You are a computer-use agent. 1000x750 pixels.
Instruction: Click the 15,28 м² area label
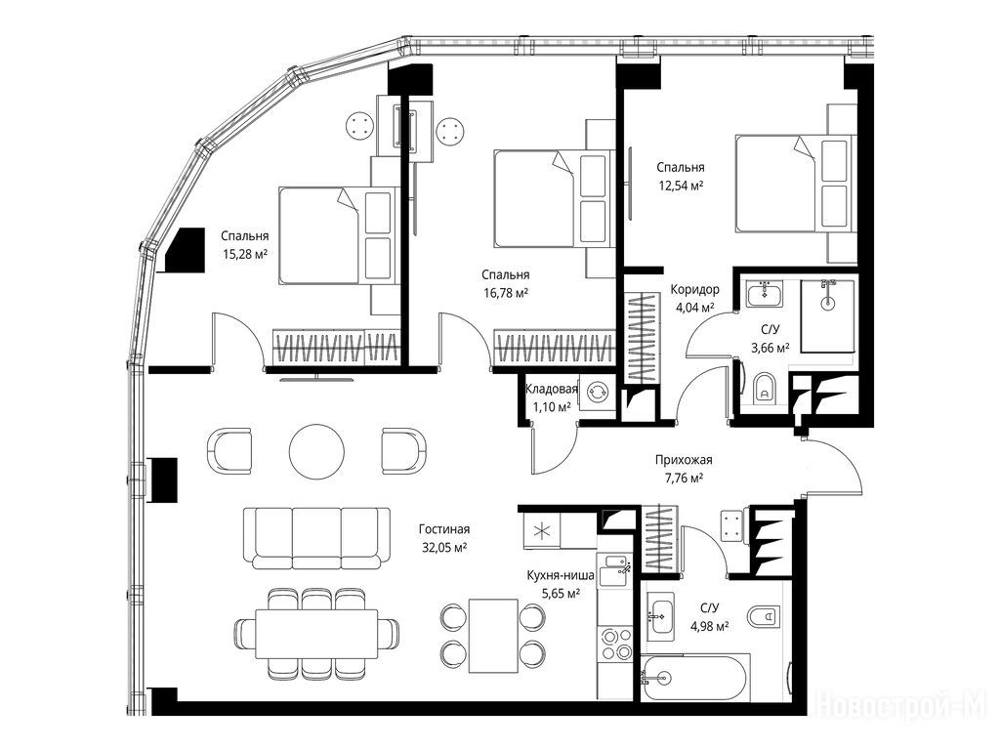click(244, 255)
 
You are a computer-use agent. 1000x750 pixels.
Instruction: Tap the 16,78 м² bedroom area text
click(506, 293)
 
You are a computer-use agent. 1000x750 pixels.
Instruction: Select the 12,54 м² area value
click(681, 186)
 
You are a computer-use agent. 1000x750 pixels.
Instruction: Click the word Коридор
click(694, 289)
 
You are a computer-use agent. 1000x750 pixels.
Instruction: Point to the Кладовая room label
click(551, 389)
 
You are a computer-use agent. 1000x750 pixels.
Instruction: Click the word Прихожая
click(684, 460)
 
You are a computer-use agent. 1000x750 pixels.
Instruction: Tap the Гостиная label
click(444, 529)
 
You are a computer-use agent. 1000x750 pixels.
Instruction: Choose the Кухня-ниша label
click(561, 575)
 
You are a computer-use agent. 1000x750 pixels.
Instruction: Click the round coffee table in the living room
click(317, 450)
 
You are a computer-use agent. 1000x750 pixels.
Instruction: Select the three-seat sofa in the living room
click(317, 538)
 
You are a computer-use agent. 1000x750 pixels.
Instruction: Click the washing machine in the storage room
click(599, 392)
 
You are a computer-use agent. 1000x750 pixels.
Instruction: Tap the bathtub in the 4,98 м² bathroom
click(693, 679)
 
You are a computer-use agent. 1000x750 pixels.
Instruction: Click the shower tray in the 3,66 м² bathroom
click(827, 315)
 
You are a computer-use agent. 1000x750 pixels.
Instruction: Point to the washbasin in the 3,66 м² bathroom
click(764, 295)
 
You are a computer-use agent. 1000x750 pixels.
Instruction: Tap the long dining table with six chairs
click(316, 634)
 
